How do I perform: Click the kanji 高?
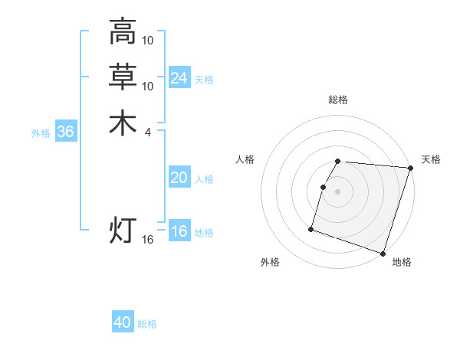(123, 31)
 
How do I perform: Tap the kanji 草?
(123, 77)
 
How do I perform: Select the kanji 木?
(123, 123)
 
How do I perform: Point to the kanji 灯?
(123, 231)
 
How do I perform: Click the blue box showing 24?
(179, 78)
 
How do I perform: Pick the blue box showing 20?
(179, 178)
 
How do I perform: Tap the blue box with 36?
(66, 132)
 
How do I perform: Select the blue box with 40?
(123, 322)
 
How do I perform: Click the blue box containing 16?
(179, 231)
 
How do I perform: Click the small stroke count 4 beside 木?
(147, 133)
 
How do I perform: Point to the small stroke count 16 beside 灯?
(148, 240)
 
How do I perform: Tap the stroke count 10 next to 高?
(148, 40)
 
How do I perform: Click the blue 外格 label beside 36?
(41, 133)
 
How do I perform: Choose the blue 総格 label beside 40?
(147, 324)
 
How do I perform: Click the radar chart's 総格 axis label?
(338, 100)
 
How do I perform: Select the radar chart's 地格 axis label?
(402, 262)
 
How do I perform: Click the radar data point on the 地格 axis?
(383, 253)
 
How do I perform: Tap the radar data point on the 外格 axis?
(311, 228)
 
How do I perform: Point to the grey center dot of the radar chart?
(338, 191)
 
